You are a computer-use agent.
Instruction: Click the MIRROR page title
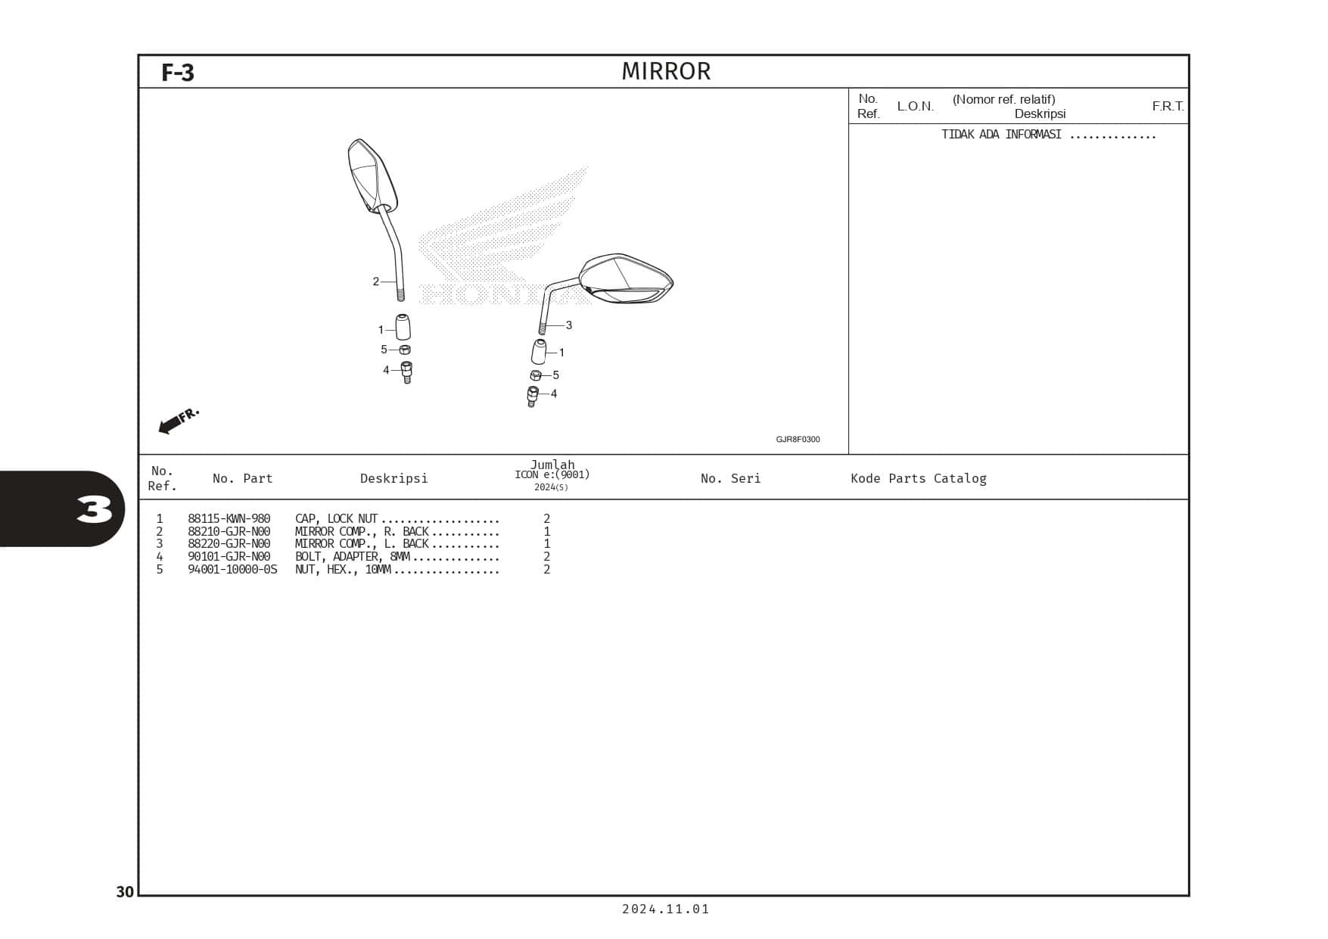pyautogui.click(x=666, y=71)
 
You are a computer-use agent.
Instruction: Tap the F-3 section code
pyautogui.click(x=178, y=73)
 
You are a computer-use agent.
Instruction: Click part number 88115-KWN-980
pyautogui.click(x=229, y=519)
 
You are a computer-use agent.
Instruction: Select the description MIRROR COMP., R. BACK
pyautogui.click(x=362, y=532)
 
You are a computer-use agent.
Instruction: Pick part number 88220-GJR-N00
pyautogui.click(x=229, y=544)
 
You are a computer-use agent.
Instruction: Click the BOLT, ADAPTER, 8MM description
pyautogui.click(x=352, y=557)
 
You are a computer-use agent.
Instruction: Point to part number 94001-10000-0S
pyautogui.click(x=232, y=570)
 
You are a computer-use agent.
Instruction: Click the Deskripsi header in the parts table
pyautogui.click(x=393, y=478)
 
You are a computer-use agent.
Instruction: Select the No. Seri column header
pyautogui.click(x=730, y=478)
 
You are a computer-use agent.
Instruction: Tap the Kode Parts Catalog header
pyautogui.click(x=918, y=478)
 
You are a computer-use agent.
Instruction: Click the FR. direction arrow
pyautogui.click(x=178, y=421)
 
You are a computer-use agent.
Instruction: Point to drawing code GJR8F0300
pyautogui.click(x=798, y=440)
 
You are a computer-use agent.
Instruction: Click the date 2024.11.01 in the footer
pyautogui.click(x=666, y=909)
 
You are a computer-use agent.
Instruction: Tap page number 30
pyautogui.click(x=125, y=892)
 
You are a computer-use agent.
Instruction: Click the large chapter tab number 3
pyautogui.click(x=95, y=509)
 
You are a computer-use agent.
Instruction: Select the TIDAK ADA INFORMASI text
pyautogui.click(x=1000, y=135)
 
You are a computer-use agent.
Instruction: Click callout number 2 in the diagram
pyautogui.click(x=375, y=281)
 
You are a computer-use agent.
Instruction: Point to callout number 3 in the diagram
pyautogui.click(x=569, y=325)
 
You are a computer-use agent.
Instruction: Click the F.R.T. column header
pyautogui.click(x=1168, y=106)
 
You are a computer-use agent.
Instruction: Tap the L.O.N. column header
pyautogui.click(x=915, y=106)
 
